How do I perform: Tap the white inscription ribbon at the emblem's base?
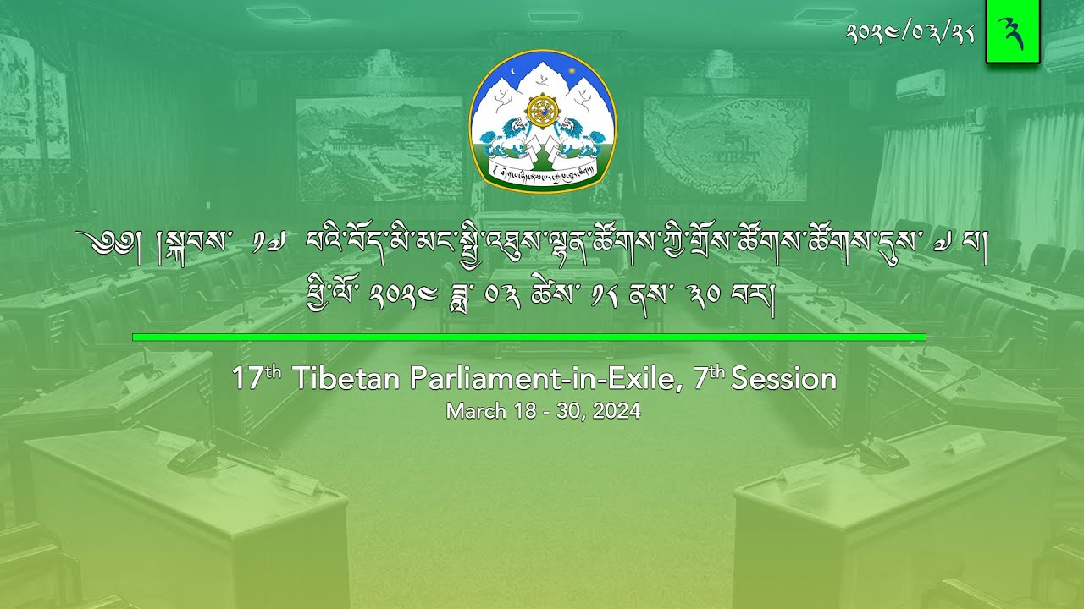click(x=542, y=173)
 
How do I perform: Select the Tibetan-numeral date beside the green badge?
click(x=909, y=34)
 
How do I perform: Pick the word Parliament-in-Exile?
click(x=545, y=379)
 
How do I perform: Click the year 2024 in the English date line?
click(x=617, y=412)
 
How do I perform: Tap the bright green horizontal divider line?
click(x=528, y=337)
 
